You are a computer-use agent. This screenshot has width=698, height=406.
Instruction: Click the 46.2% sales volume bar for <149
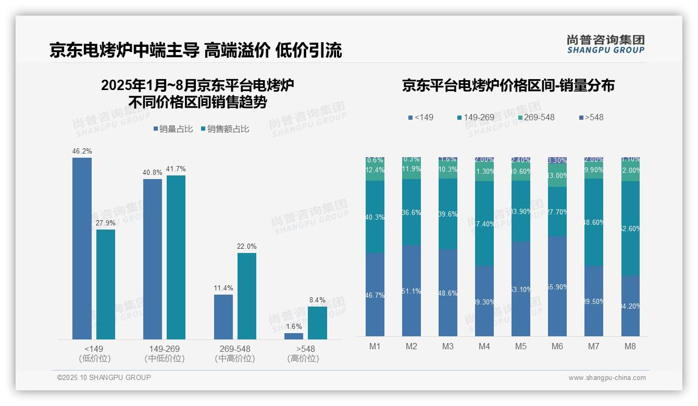coord(82,248)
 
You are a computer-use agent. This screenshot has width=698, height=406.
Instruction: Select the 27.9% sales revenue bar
coord(106,284)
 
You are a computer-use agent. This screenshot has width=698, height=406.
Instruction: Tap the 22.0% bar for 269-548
coord(247,296)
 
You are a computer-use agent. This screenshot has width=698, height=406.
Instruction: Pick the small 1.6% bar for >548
coord(294,336)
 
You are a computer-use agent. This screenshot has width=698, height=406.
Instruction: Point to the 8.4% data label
coord(317,300)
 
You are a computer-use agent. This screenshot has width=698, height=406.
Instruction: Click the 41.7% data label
coord(176,169)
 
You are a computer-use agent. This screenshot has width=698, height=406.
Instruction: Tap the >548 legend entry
coord(591,118)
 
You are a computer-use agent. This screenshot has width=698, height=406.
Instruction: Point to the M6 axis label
coord(557,347)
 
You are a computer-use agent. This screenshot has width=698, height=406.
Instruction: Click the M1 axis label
coord(375,347)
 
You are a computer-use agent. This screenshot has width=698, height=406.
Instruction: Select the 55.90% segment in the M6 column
coord(557,286)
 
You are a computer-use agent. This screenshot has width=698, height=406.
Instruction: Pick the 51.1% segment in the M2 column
coord(411,291)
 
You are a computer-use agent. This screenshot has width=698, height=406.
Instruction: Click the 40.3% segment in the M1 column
coord(375,217)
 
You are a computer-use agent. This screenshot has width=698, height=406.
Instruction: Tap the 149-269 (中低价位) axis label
coord(165,353)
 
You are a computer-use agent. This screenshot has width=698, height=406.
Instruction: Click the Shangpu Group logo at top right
coord(605,44)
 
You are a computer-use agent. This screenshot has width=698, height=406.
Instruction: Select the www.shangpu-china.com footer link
coord(607,378)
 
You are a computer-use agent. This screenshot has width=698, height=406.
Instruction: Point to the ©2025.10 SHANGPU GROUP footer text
coord(104,377)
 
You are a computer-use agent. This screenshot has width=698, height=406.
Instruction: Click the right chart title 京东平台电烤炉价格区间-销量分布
coord(508,86)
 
